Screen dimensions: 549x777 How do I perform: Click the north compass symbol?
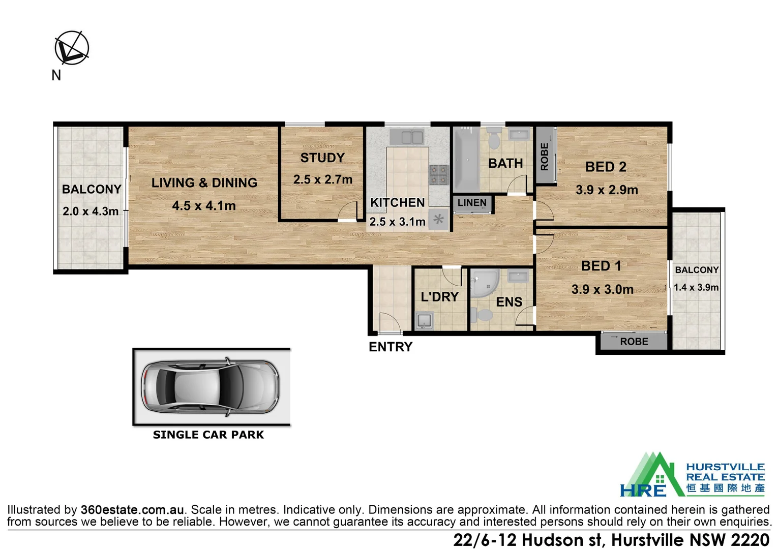72,48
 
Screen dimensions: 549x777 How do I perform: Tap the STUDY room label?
322,158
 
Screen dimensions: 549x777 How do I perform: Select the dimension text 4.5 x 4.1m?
203,206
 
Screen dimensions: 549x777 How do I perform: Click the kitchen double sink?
407,137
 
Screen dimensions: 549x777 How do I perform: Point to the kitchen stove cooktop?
439,174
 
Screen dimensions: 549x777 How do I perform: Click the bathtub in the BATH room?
466,159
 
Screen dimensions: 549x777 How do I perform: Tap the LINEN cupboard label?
472,203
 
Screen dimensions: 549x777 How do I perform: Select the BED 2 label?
606,167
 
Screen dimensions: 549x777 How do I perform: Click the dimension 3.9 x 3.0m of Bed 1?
602,289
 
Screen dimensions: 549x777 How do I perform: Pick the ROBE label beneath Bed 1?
634,342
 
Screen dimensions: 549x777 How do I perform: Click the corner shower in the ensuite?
483,284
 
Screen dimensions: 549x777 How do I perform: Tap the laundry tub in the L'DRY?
424,321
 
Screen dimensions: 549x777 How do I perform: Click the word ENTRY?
391,347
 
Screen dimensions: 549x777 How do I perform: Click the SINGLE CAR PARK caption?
208,435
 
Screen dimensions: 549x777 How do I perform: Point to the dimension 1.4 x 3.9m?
696,287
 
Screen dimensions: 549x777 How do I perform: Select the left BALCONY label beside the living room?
92,189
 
